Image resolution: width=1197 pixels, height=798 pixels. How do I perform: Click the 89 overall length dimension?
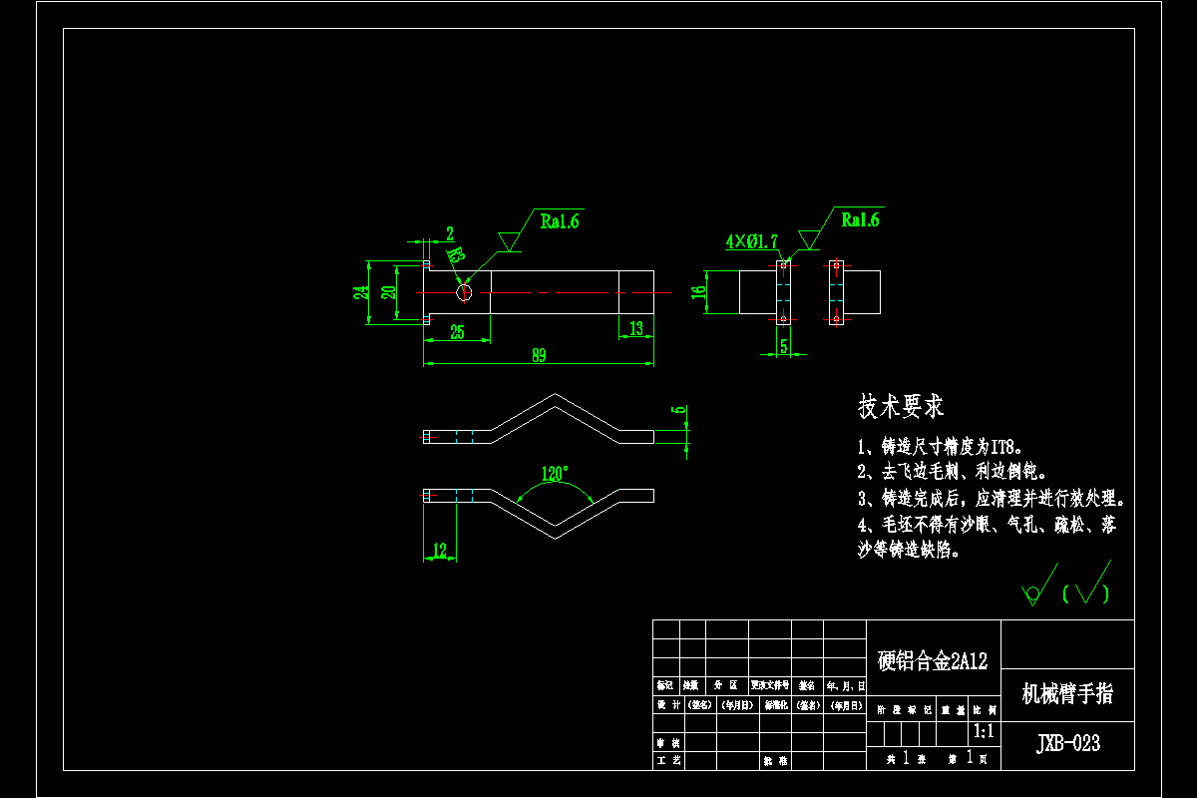coord(539,356)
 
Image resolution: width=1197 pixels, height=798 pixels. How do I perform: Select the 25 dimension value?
coord(457,333)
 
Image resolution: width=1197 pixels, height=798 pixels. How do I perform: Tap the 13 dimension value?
coord(636,327)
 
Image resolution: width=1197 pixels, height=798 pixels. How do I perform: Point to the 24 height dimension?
coord(360,292)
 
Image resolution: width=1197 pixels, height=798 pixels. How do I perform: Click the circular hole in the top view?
coord(464,292)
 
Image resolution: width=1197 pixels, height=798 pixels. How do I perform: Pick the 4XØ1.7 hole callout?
coord(751,241)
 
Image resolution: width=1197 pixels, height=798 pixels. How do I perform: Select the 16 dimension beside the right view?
coord(699,292)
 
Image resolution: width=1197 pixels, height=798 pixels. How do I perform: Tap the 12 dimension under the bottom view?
coord(440,550)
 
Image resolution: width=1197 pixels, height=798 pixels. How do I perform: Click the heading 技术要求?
coord(901,406)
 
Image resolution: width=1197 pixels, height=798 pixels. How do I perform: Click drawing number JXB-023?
coord(1067,744)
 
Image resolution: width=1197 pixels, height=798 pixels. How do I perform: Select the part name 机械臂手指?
coord(1067,694)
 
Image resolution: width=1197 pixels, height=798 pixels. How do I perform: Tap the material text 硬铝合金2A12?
coord(932,660)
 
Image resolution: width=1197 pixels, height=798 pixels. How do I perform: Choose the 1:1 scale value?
coord(984,732)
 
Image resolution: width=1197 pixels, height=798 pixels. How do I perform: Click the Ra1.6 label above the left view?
coord(560,220)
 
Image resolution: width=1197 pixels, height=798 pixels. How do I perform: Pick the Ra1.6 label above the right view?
coord(860,219)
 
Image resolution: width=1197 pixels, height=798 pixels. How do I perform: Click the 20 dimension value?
coord(389,292)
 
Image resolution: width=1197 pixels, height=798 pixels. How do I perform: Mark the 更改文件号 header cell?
coord(770,686)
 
